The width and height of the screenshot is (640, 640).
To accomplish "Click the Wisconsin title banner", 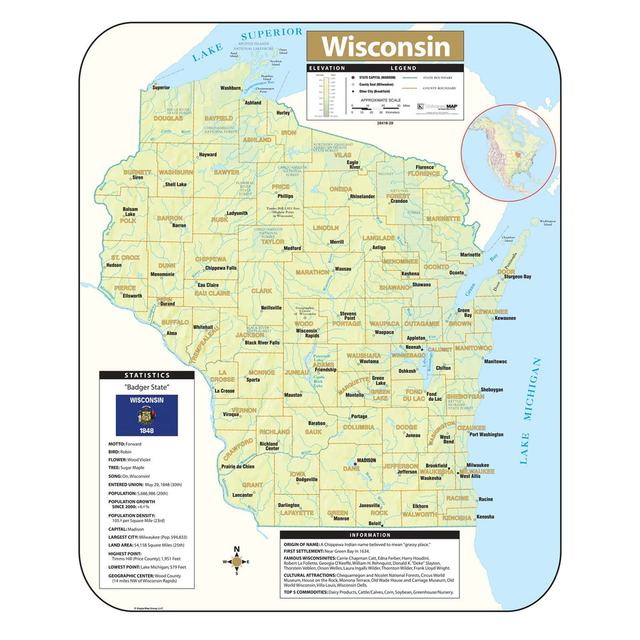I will [385, 47].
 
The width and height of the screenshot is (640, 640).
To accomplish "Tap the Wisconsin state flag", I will [147, 415].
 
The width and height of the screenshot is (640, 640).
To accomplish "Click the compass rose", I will [236, 561].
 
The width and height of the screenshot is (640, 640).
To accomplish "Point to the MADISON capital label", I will [366, 461].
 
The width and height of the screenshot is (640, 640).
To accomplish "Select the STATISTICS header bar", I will [147, 375].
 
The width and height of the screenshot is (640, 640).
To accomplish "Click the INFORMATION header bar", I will [369, 535].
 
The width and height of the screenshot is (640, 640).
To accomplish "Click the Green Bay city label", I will [464, 313].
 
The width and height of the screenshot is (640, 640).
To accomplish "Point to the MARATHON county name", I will [308, 272].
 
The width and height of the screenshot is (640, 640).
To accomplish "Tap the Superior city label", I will [161, 87].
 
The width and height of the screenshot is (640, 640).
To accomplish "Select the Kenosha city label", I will [485, 517].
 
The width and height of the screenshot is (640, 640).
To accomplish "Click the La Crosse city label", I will [224, 391].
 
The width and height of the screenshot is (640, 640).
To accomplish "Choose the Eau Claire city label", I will [207, 285].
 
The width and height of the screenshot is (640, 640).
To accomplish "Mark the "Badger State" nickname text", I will [147, 387].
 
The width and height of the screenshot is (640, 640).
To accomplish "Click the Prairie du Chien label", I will [237, 467].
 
